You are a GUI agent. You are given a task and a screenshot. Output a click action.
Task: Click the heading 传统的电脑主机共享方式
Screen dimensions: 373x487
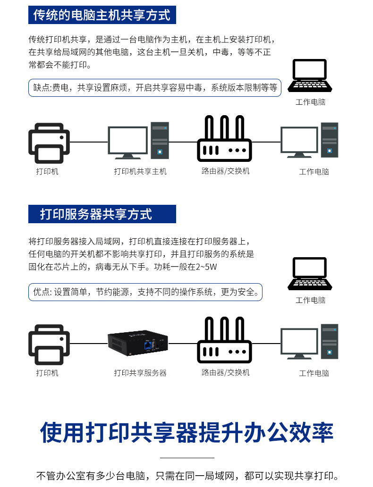(102, 15)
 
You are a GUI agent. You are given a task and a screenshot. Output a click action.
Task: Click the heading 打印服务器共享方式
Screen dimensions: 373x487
(96, 214)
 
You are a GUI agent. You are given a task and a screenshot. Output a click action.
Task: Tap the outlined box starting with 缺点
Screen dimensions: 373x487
(155, 87)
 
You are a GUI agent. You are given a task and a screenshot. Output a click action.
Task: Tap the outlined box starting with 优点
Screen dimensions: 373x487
(145, 292)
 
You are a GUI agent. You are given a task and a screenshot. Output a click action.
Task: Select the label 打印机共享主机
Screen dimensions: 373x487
(140, 171)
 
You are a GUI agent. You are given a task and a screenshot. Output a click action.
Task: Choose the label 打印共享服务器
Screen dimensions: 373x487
(140, 373)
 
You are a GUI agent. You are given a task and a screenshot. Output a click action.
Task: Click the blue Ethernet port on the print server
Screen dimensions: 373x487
(149, 346)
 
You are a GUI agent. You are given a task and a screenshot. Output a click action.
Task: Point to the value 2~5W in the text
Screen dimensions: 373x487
(207, 267)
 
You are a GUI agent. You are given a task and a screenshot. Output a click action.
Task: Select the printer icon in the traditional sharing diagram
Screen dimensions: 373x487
(49, 143)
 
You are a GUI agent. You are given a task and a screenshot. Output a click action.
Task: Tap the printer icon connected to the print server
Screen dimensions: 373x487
(49, 344)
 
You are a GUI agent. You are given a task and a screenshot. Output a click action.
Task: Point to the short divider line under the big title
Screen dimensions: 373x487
(187, 458)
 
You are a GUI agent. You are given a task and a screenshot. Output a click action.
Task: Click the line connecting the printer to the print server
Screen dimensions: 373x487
(89, 343)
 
